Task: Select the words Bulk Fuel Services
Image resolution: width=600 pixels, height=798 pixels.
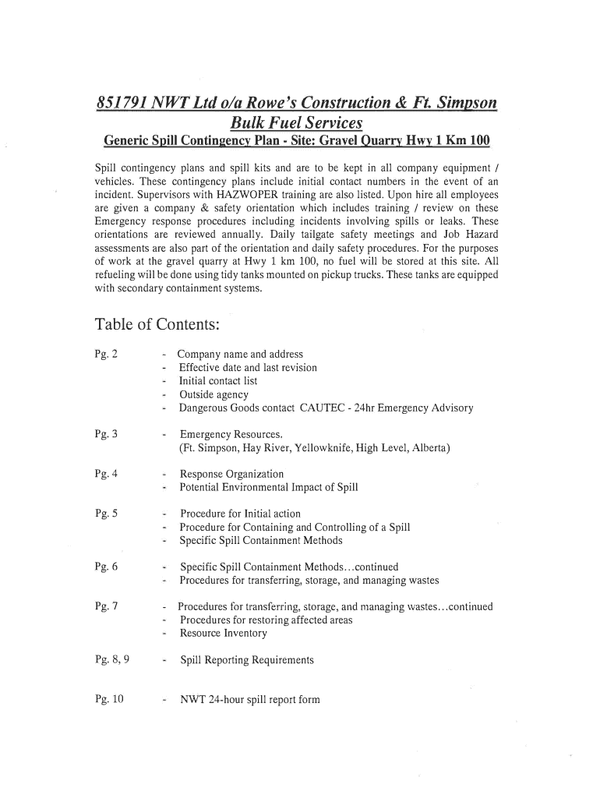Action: pyautogui.click(x=297, y=123)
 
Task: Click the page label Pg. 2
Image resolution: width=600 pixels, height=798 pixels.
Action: pyautogui.click(x=106, y=355)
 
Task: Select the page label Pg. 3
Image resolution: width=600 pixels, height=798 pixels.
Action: pyautogui.click(x=106, y=434)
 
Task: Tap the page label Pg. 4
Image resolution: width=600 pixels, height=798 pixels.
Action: pyautogui.click(x=106, y=475)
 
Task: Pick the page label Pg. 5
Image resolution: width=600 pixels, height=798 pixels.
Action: pyautogui.click(x=106, y=514)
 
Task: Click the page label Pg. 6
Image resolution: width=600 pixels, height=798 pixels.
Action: pyautogui.click(x=106, y=567)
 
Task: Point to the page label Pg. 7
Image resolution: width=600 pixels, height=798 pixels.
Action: pyautogui.click(x=106, y=607)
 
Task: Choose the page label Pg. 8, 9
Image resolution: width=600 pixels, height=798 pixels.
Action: pyautogui.click(x=112, y=660)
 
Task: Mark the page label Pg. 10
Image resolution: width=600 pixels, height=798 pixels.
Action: pyautogui.click(x=109, y=700)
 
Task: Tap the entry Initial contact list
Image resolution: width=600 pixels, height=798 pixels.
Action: pyautogui.click(x=218, y=382)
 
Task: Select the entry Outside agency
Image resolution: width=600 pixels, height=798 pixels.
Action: pyautogui.click(x=214, y=395)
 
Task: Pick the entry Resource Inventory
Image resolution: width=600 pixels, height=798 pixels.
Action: pyautogui.click(x=224, y=634)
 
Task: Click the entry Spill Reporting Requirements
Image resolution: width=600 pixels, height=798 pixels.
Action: pyautogui.click(x=247, y=661)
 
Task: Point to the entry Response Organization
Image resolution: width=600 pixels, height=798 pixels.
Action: pyautogui.click(x=231, y=475)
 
